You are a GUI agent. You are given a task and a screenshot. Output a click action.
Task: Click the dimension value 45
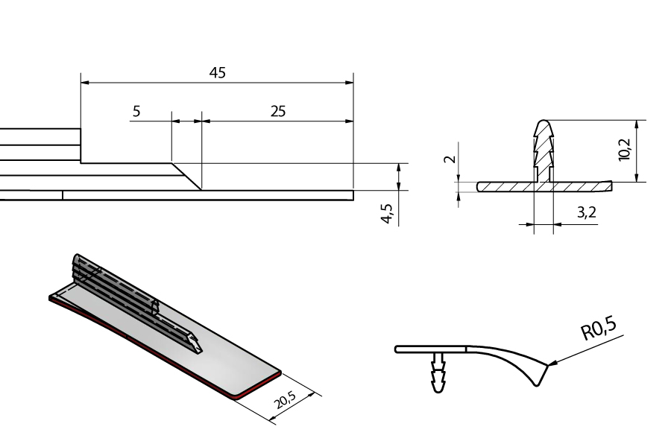coord(218,73)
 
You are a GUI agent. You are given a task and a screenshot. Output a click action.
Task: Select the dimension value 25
coord(278,111)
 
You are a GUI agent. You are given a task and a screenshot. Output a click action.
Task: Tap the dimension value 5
coord(136,111)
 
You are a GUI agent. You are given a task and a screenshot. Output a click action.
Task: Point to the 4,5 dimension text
coord(387,213)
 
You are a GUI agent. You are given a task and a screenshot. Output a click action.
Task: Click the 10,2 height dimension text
coord(625,149)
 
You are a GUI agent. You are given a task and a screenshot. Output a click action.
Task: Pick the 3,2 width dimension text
coord(586,212)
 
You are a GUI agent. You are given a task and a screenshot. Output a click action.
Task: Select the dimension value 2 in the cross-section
coord(450,159)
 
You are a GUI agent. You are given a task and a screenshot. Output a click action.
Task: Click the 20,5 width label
coord(285,400)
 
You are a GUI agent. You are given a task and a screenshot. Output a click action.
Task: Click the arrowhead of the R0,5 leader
coord(551,364)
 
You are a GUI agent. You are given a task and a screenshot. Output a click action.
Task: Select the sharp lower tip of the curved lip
coord(537,385)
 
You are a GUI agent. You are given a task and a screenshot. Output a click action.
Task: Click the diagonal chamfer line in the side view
coord(186,177)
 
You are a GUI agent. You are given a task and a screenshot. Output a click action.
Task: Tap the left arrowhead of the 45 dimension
coord(85,83)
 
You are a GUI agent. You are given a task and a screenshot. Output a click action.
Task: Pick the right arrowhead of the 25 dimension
coord(349,121)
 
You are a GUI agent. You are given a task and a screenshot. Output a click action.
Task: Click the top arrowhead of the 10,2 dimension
coord(637,124)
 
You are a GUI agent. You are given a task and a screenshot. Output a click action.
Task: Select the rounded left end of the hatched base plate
coord(479,186)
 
